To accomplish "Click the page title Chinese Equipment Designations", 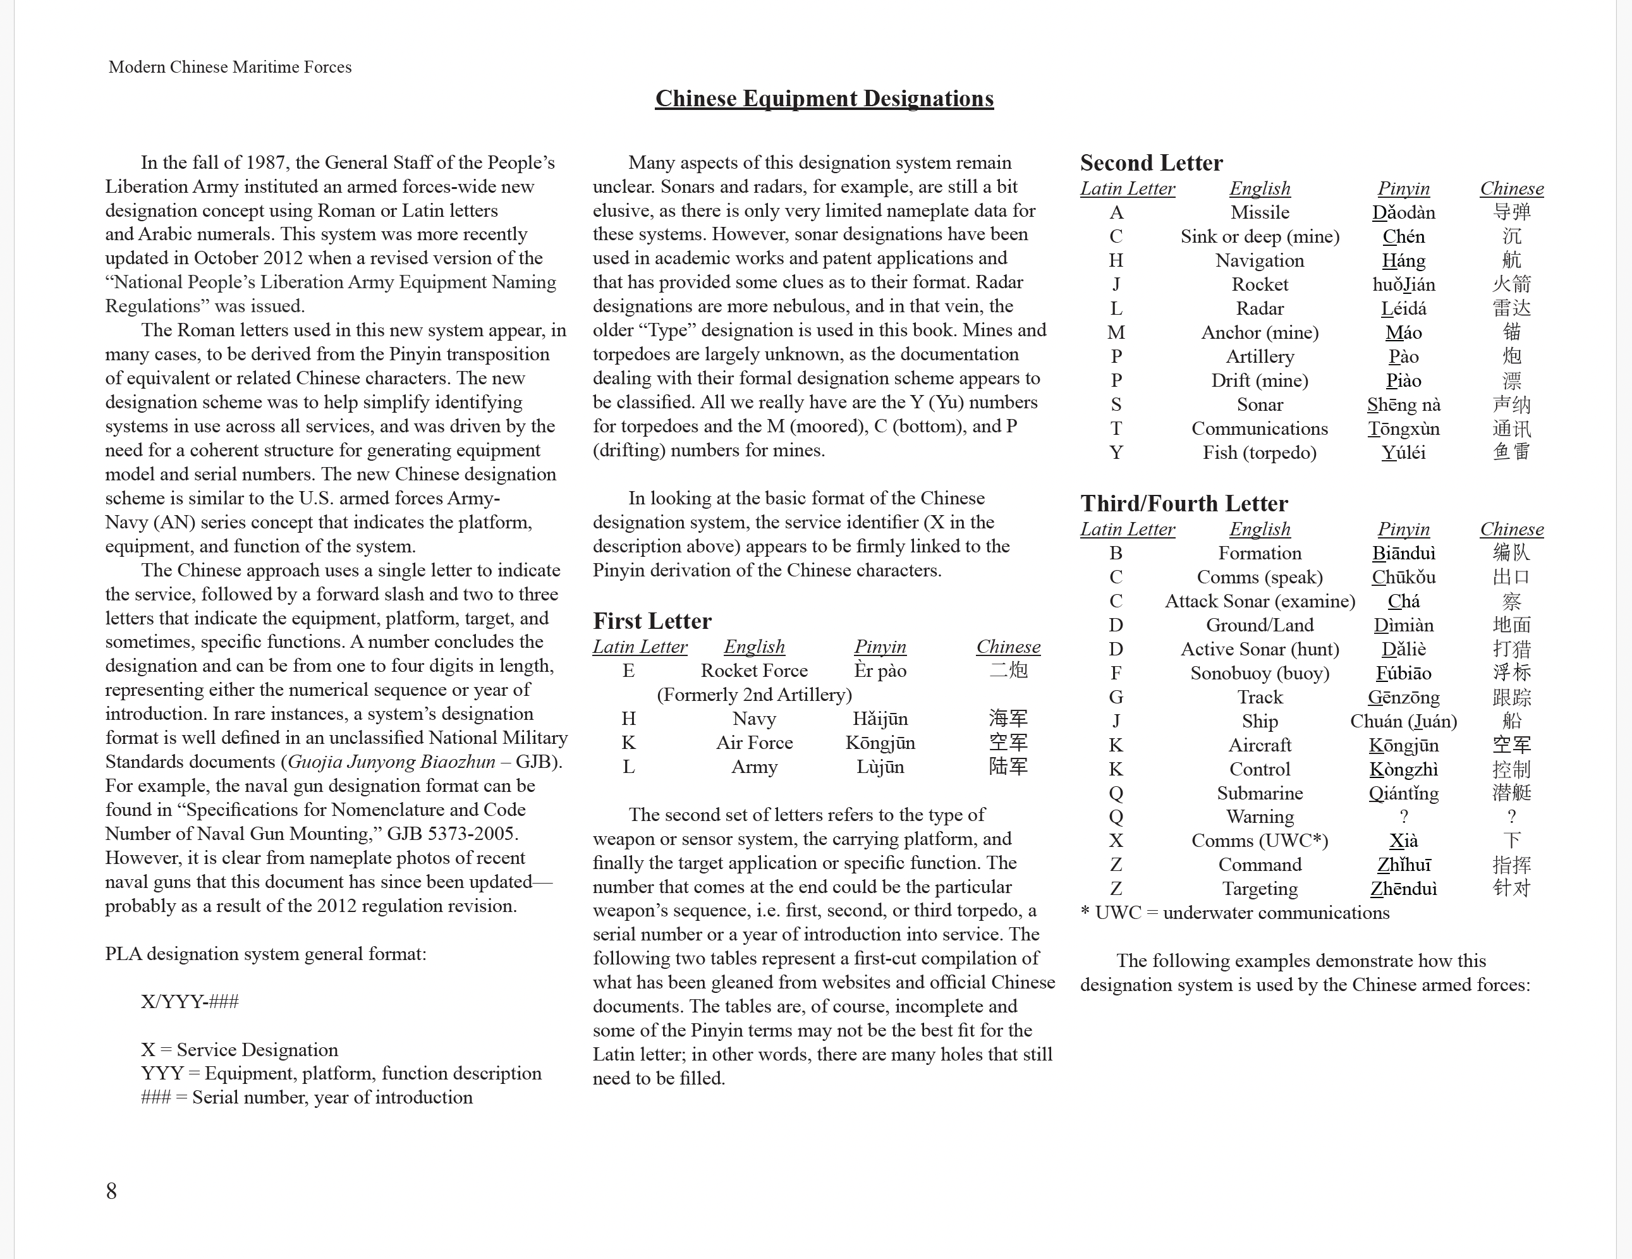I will point(824,99).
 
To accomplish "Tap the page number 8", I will point(111,1190).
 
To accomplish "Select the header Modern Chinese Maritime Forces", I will point(230,67).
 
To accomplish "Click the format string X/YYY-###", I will point(190,1001).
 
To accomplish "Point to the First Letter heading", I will point(652,621).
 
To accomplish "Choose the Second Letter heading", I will point(1151,163).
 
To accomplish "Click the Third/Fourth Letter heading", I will point(1184,504).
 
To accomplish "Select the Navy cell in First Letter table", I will point(754,719).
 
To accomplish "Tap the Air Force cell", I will point(754,743).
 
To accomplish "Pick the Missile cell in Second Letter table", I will point(1259,213).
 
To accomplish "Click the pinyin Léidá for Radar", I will point(1403,308).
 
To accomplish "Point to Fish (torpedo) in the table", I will point(1259,453).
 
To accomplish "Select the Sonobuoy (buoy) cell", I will point(1259,673).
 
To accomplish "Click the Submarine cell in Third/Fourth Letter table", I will point(1259,793).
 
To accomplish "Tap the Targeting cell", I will point(1259,889).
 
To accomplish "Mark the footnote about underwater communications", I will point(1234,913).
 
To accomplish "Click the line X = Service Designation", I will point(239,1050).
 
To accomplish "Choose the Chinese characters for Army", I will point(1008,767).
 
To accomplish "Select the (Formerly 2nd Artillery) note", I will point(754,695).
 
